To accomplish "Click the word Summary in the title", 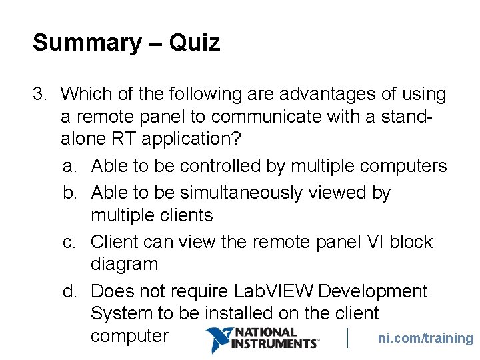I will (x=87, y=43).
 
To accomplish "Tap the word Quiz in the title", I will (x=194, y=43).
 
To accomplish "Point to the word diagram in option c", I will (x=125, y=264).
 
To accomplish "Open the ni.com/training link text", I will (x=425, y=338).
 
